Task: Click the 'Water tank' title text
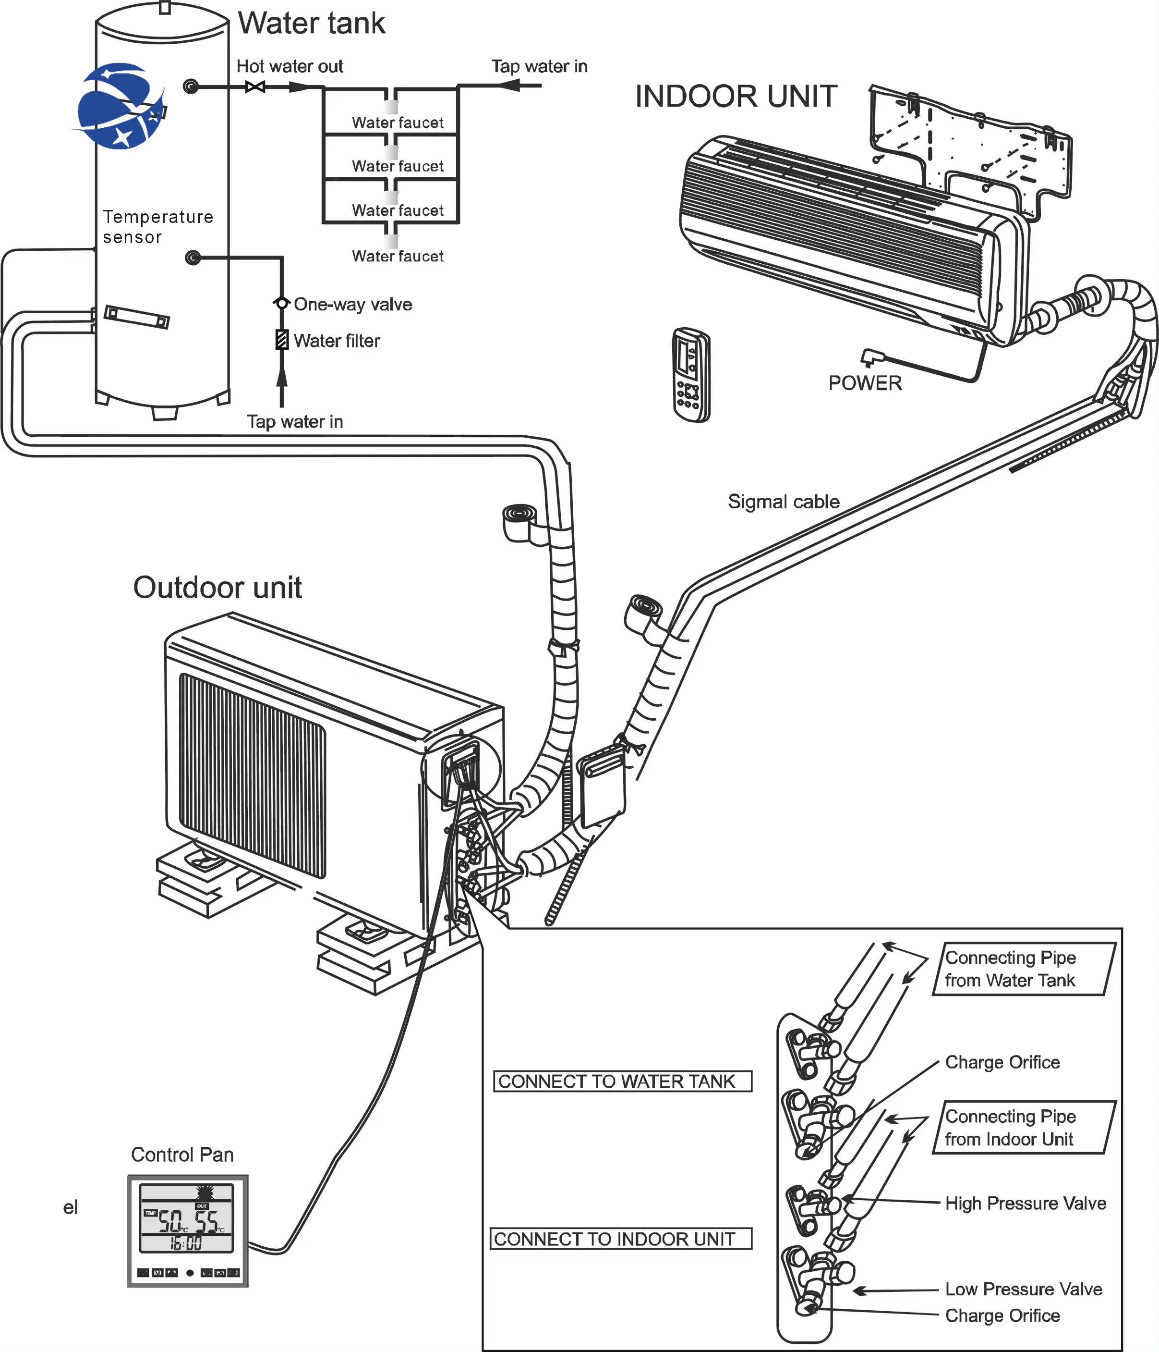[x=311, y=24]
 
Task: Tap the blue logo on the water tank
[x=121, y=106]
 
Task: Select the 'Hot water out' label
[x=289, y=67]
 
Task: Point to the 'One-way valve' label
[x=353, y=305]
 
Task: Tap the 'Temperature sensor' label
[x=158, y=226]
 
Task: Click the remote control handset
[x=691, y=375]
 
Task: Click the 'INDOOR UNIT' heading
[x=736, y=97]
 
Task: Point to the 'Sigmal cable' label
[x=784, y=502]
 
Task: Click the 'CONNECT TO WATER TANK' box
[x=622, y=1081]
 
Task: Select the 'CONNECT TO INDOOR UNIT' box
[x=620, y=1239]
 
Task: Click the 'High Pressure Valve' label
[x=1026, y=1203]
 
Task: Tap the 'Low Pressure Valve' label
[x=1023, y=1290]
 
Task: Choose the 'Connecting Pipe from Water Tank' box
[x=1023, y=969]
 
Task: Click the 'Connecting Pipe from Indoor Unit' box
[x=1022, y=1128]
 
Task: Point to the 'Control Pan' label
[x=182, y=1155]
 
